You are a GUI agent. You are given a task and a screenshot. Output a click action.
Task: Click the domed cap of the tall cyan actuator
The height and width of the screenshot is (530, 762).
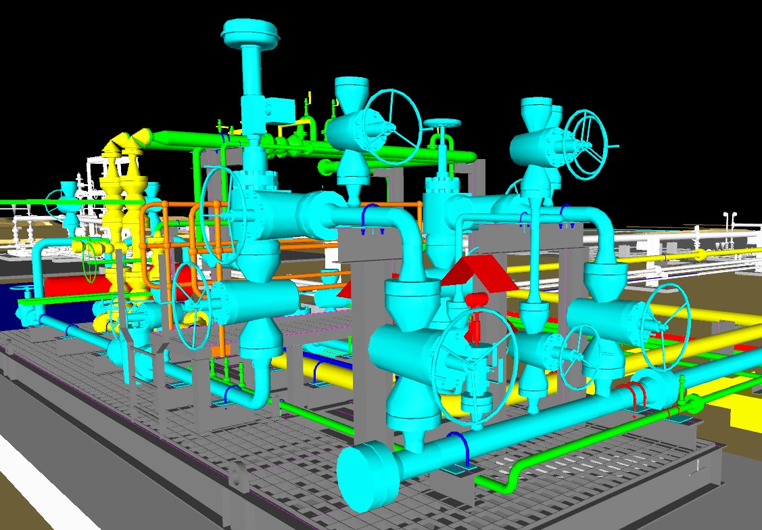[249, 31]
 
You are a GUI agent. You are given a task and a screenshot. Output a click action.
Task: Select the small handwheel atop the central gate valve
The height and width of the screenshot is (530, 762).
[443, 124]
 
